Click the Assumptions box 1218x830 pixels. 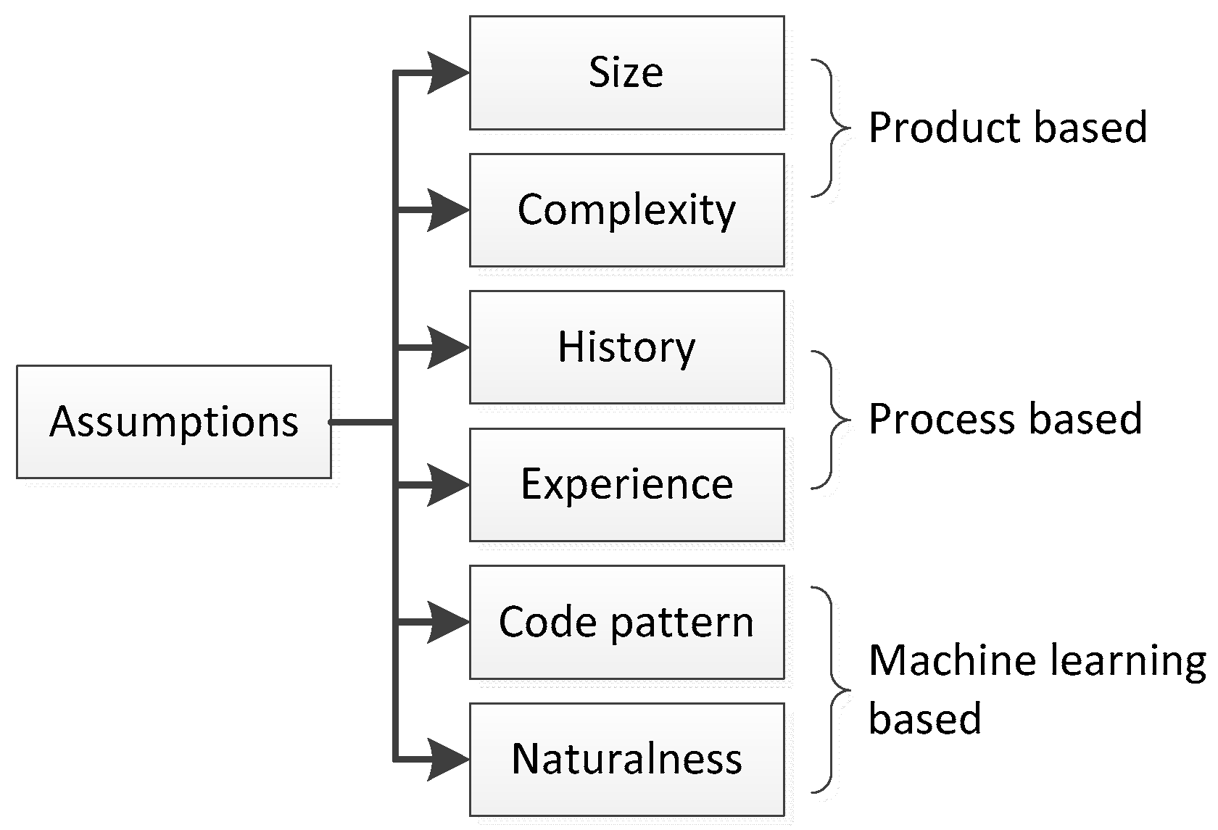(x=174, y=422)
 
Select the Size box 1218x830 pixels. (x=626, y=72)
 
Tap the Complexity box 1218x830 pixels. (x=626, y=210)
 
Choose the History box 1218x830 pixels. (x=626, y=347)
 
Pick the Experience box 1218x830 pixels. (x=626, y=484)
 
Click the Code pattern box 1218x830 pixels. (x=626, y=622)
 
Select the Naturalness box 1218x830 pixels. (x=626, y=759)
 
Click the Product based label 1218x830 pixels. (x=1007, y=128)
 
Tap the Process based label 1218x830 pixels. (x=1005, y=420)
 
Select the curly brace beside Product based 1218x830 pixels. (x=829, y=128)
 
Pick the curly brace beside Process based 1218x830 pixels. (x=829, y=420)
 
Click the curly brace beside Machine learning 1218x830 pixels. (x=829, y=689)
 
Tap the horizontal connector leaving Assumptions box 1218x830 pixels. (x=362, y=422)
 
